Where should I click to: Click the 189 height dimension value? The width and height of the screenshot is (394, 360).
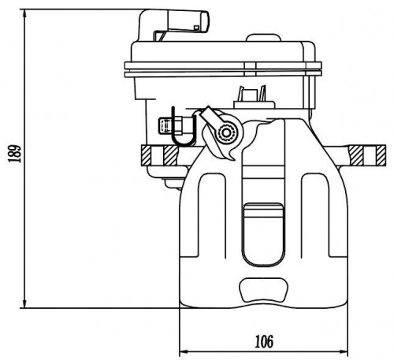(14, 154)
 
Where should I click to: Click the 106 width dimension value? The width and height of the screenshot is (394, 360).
(264, 341)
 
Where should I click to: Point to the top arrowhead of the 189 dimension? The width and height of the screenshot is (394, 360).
(24, 13)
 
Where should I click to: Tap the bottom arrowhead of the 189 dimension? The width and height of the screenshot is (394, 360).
(24, 304)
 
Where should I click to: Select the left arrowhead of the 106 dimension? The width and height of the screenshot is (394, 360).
(184, 351)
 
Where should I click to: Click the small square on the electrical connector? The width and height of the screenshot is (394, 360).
(196, 28)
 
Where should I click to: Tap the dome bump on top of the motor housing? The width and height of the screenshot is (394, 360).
(263, 38)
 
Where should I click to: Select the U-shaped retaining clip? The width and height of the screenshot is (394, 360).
(183, 128)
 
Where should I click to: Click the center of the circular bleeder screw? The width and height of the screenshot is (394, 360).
(226, 133)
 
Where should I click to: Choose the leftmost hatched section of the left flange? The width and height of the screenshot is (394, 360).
(146, 155)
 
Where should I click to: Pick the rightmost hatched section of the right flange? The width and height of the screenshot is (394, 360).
(381, 155)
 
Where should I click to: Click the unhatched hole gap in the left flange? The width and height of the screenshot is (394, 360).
(158, 155)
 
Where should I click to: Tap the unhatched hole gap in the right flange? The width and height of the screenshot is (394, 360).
(370, 155)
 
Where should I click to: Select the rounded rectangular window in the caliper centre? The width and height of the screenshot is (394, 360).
(263, 235)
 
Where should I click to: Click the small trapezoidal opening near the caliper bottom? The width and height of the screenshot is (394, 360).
(263, 290)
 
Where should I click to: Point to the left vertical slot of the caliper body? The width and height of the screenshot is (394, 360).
(212, 215)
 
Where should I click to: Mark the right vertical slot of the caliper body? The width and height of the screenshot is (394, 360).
(315, 215)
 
